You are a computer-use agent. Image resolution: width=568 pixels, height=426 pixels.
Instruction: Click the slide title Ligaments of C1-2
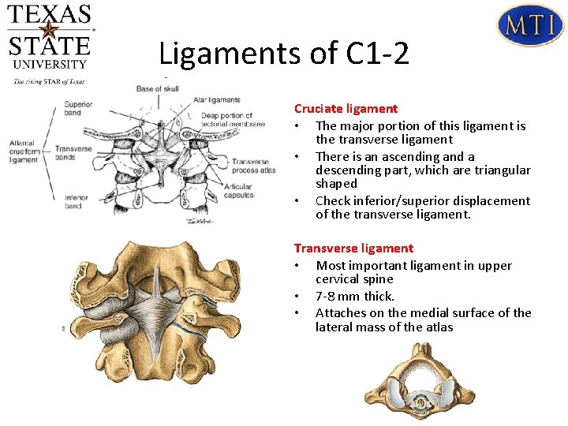coord(284,54)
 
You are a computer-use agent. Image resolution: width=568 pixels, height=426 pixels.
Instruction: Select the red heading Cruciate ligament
coord(346,109)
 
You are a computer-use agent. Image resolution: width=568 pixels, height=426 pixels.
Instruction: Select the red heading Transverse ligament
coord(353,248)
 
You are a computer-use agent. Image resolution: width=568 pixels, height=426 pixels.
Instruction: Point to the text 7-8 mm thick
coord(355,297)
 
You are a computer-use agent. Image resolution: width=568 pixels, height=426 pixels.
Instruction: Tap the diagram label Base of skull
coord(158,88)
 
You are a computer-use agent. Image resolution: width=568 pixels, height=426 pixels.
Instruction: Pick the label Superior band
coord(78,109)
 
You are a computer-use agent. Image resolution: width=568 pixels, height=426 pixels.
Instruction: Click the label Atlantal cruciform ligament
coord(24,151)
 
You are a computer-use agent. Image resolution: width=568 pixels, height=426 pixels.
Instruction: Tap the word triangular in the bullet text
coord(502,170)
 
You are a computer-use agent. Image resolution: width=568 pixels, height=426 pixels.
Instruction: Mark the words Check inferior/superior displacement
coord(423,201)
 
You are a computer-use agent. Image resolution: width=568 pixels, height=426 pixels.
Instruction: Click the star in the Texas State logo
coord(49,31)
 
